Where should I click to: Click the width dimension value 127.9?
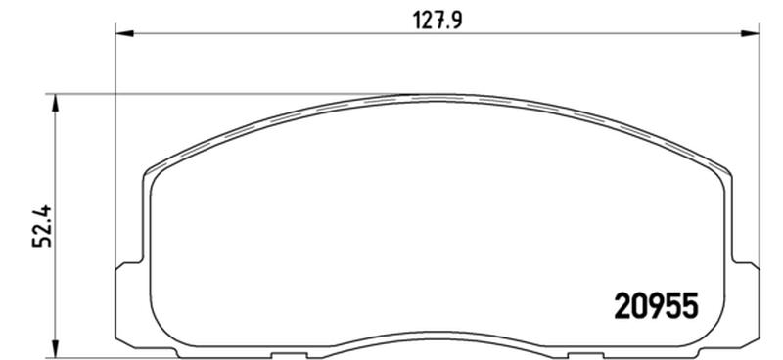pyautogui.click(x=438, y=21)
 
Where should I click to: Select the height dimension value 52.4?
pyautogui.click(x=42, y=226)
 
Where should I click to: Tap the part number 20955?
pyautogui.click(x=655, y=305)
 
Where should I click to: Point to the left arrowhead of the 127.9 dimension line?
pyautogui.click(x=125, y=33)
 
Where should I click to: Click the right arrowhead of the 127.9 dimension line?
pyautogui.click(x=750, y=33)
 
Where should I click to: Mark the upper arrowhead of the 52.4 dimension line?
pyautogui.click(x=56, y=104)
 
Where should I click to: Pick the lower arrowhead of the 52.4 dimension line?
pyautogui.click(x=56, y=348)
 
